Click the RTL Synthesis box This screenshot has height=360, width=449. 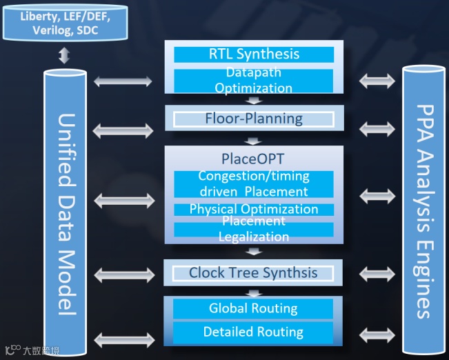pyautogui.click(x=254, y=54)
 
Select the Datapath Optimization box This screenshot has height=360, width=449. pyautogui.click(x=254, y=80)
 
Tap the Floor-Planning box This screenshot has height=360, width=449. pyautogui.click(x=254, y=118)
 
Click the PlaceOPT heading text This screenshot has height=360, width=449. pyautogui.click(x=254, y=159)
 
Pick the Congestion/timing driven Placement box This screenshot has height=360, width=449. pyautogui.click(x=254, y=184)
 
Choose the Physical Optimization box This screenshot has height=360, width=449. pyautogui.click(x=254, y=209)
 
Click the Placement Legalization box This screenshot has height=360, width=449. pyautogui.click(x=254, y=229)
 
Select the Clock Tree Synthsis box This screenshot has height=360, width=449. pyautogui.click(x=254, y=272)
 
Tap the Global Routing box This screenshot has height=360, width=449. pyautogui.click(x=254, y=308)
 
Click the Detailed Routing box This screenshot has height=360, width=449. pyautogui.click(x=254, y=332)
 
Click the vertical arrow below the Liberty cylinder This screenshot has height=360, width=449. pyautogui.click(x=64, y=55)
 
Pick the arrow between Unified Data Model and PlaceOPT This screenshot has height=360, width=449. pyautogui.click(x=123, y=201)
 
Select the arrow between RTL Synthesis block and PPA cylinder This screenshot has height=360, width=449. pyautogui.click(x=377, y=81)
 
